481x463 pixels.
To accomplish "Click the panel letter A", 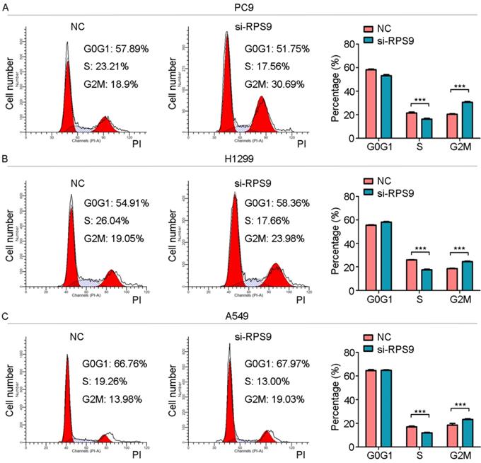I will tap(5, 6).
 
